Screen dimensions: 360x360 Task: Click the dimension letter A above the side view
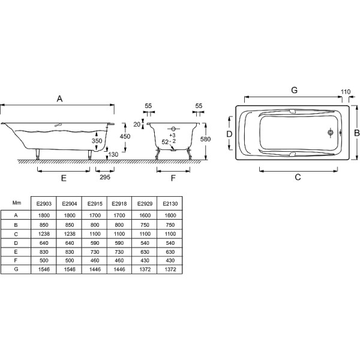(59, 97)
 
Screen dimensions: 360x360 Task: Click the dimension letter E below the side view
(63, 178)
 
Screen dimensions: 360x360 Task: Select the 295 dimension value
(104, 178)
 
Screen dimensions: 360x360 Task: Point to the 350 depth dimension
(97, 141)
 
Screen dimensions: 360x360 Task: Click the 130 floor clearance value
(113, 155)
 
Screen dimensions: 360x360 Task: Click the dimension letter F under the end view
(173, 178)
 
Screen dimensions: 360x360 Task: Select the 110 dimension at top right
(344, 92)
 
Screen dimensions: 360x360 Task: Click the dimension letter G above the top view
(294, 90)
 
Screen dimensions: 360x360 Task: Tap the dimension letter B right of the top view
(355, 132)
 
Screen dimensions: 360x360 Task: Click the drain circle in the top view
(330, 133)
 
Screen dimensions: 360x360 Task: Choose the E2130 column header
(169, 203)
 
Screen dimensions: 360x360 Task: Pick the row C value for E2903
(44, 233)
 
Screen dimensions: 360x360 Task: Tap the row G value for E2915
(94, 271)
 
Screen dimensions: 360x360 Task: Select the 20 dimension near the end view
(137, 124)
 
